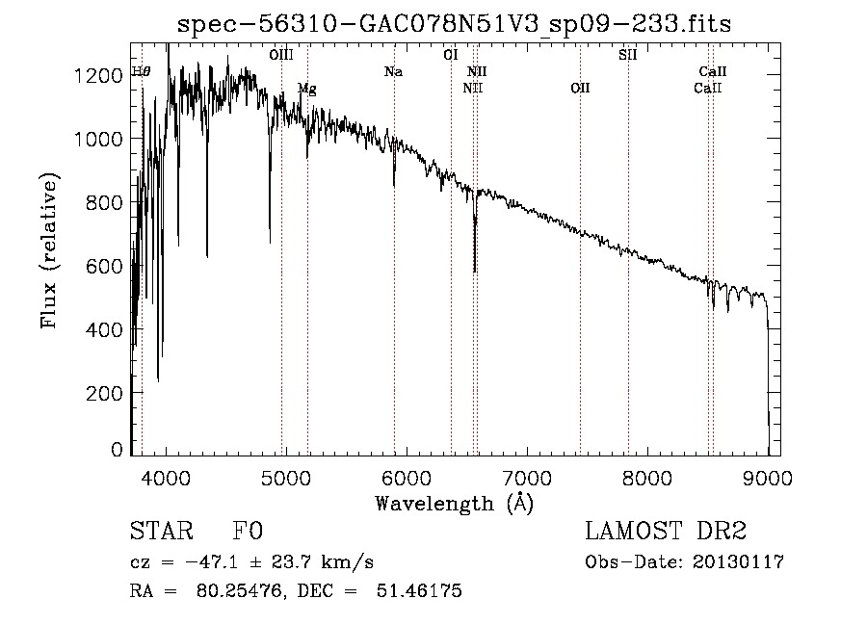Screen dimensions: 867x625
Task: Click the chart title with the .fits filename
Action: pos(454,24)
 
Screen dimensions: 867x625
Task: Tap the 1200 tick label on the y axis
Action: pos(98,75)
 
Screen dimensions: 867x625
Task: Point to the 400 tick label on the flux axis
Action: pos(104,330)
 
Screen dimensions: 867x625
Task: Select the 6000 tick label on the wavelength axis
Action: pos(407,478)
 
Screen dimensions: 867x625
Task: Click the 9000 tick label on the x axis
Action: pos(768,478)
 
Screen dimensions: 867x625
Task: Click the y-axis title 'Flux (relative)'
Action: pos(49,251)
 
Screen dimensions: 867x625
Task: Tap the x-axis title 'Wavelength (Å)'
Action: pos(454,504)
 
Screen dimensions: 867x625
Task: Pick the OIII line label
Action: pos(281,55)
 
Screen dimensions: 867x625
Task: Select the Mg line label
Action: pos(307,89)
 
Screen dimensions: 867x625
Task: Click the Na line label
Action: pos(393,71)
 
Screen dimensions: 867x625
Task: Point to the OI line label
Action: pos(451,55)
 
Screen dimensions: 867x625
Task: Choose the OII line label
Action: pos(580,88)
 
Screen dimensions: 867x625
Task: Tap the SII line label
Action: pos(627,55)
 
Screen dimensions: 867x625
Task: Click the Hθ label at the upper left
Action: pos(141,71)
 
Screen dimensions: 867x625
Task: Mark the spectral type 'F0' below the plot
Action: pos(248,531)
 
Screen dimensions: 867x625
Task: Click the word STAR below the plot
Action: pos(162,531)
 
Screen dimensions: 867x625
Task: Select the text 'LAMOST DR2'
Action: pos(666,531)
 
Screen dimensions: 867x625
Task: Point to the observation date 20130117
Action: pos(738,562)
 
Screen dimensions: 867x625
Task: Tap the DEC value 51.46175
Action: pos(419,590)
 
